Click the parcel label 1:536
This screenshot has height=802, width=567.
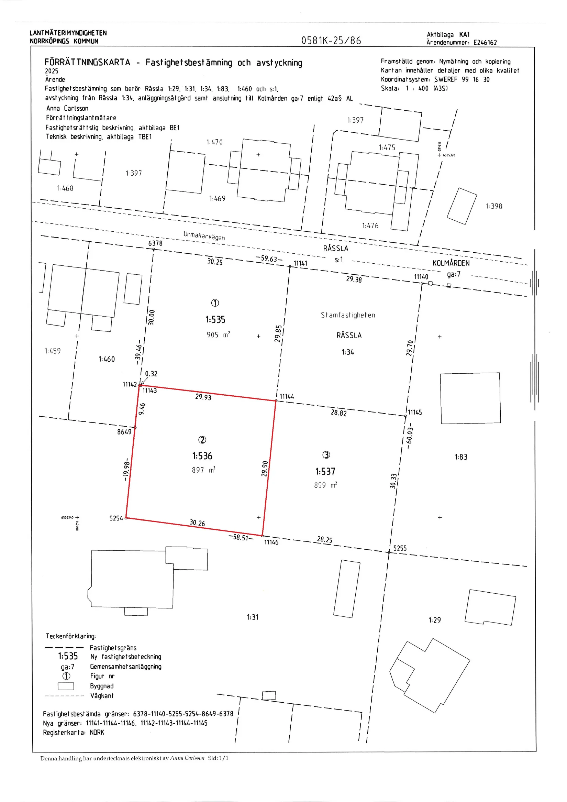202,456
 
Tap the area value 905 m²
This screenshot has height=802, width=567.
218,334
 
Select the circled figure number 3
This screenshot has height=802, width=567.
326,455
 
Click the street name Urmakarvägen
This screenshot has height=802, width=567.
204,236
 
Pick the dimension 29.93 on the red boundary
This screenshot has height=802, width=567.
203,396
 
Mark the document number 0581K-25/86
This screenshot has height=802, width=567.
331,41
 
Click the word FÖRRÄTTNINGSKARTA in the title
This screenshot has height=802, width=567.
87,62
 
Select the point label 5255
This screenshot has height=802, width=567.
400,548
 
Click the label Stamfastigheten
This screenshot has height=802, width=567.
348,315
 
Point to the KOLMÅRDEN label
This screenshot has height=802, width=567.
451,263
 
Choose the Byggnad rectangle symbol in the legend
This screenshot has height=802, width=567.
66,686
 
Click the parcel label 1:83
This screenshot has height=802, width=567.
461,457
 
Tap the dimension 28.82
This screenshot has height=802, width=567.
339,413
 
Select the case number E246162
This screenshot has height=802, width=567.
485,43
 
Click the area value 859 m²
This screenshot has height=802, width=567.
325,485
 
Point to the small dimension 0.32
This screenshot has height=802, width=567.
151,374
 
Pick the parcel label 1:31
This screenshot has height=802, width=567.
253,617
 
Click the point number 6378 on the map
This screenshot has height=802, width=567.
155,243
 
